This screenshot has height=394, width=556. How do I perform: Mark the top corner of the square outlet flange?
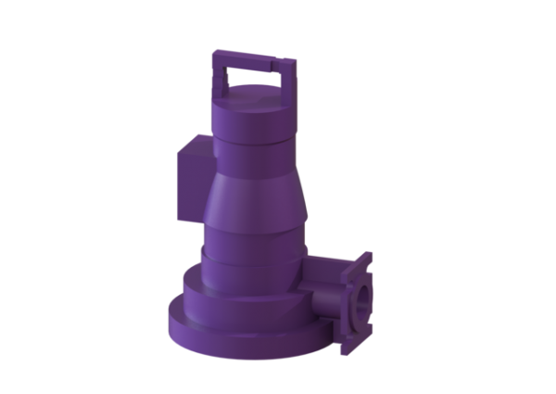click(368, 256)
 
